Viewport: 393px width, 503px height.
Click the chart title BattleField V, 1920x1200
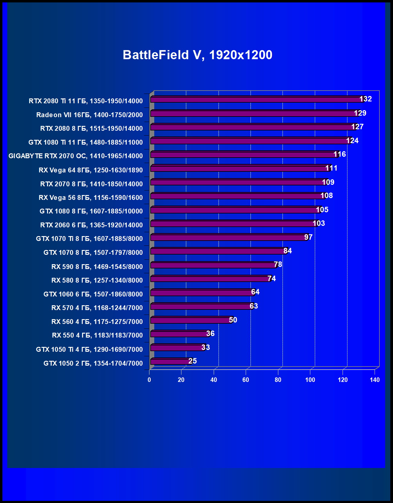click(x=197, y=55)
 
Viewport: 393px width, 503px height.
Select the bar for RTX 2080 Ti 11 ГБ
click(x=257, y=100)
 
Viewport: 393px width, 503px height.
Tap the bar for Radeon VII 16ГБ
click(x=254, y=114)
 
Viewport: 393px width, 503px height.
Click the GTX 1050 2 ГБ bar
click(x=171, y=361)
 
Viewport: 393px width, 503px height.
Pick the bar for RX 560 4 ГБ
click(x=191, y=320)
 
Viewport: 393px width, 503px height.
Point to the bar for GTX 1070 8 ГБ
click(x=218, y=252)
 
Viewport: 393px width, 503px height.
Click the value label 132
click(x=366, y=99)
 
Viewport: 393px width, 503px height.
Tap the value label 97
click(x=308, y=237)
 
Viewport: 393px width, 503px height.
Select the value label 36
click(x=210, y=334)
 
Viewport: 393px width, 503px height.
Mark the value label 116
click(x=340, y=154)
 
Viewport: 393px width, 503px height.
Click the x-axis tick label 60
click(x=246, y=380)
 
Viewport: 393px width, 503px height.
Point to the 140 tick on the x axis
click(x=375, y=380)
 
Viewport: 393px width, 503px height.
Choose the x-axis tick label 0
click(x=149, y=380)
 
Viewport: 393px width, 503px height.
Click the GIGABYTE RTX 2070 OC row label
click(x=75, y=156)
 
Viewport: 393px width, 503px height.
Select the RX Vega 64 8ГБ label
click(x=91, y=170)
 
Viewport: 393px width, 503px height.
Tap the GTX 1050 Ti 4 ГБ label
click(x=89, y=349)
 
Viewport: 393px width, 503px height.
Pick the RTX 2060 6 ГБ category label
click(x=91, y=225)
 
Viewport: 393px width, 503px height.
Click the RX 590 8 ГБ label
click(x=97, y=267)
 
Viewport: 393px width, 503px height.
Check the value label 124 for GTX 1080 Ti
click(x=352, y=140)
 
